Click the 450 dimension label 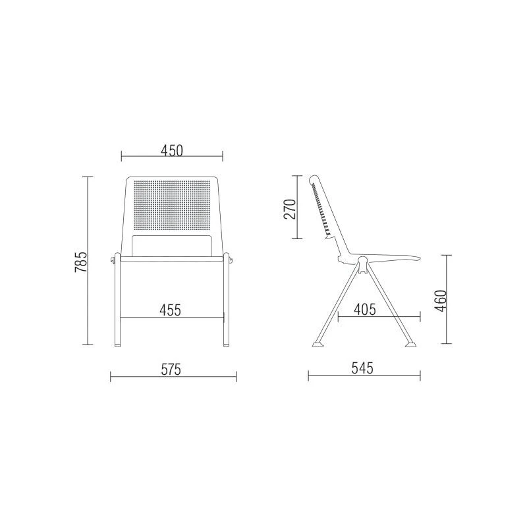pyautogui.click(x=172, y=151)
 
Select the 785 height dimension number pyautogui.click(x=81, y=262)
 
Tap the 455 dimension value pyautogui.click(x=171, y=310)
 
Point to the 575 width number pyautogui.click(x=171, y=370)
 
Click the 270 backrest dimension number pyautogui.click(x=290, y=209)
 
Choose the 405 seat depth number pyautogui.click(x=365, y=309)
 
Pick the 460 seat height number pyautogui.click(x=441, y=301)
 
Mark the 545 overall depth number pyautogui.click(x=363, y=368)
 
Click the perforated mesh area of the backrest pyautogui.click(x=172, y=206)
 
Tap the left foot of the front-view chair pyautogui.click(x=117, y=345)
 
